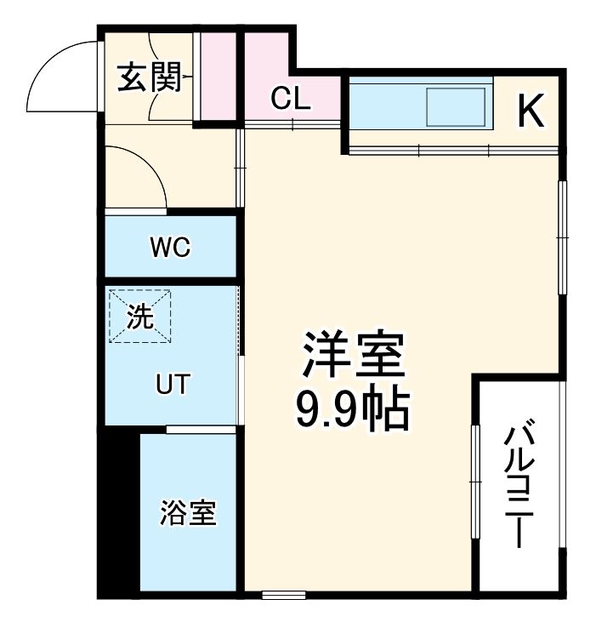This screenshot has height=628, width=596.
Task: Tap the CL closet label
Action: [291, 100]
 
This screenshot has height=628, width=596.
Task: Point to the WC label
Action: [170, 248]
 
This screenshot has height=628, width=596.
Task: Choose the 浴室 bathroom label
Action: [188, 513]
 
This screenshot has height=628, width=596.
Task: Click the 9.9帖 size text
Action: [352, 410]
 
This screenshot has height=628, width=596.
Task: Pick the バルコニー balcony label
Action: [519, 486]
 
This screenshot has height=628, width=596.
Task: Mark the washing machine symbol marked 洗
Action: [140, 317]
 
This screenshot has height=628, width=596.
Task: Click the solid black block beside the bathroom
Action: [118, 511]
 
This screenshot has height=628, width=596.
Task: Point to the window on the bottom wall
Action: [283, 593]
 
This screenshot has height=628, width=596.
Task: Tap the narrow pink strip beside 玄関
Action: [218, 77]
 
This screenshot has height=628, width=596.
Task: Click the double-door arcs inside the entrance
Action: [162, 78]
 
